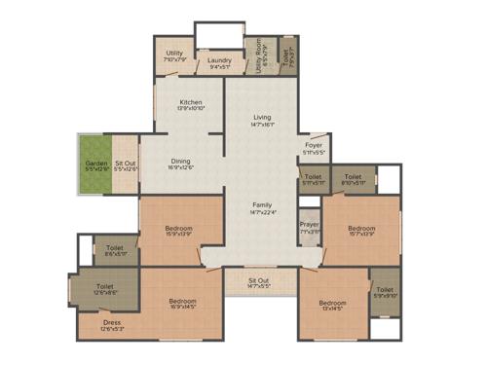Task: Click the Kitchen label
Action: [189, 102]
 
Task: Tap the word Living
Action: [262, 117]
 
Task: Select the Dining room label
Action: [181, 161]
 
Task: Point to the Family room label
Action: [262, 204]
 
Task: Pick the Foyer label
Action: [313, 147]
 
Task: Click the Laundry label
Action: [219, 60]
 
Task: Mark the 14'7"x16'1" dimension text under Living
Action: [262, 125]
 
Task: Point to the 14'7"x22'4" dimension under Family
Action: [262, 212]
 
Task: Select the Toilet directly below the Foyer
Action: [313, 177]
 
